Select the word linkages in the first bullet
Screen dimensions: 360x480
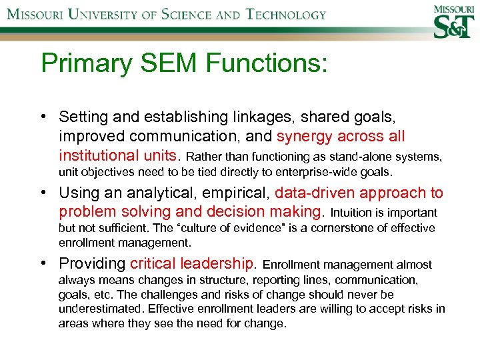coord(261,117)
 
